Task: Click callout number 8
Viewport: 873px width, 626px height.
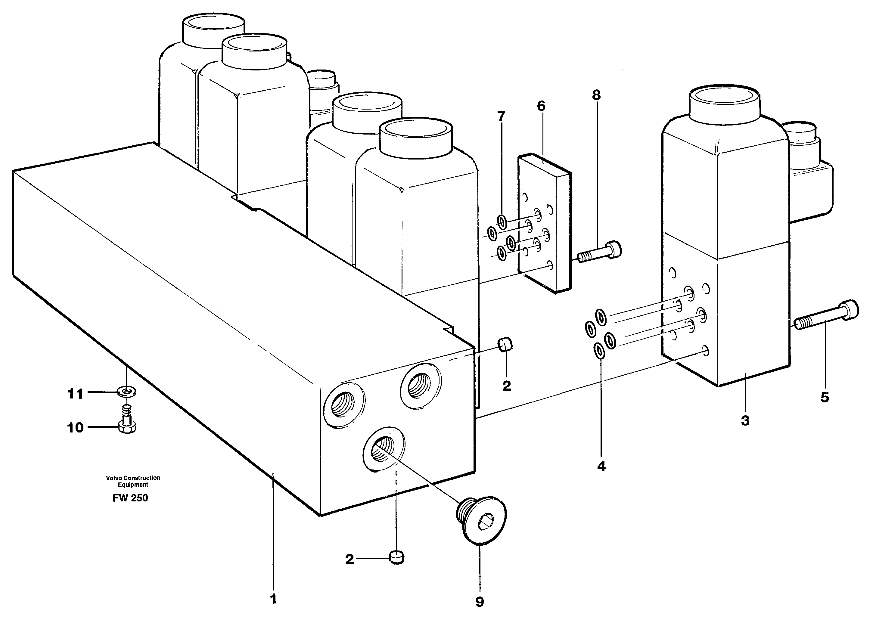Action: [x=596, y=95]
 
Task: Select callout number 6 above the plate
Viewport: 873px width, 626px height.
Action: [x=541, y=106]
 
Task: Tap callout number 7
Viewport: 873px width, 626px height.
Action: [x=501, y=116]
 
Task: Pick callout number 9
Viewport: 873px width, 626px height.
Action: [x=480, y=602]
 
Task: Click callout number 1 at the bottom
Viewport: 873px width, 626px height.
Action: [x=273, y=599]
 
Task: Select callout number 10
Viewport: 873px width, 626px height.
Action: [x=76, y=427]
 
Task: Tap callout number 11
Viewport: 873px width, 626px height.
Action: [x=76, y=394]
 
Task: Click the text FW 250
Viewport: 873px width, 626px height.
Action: [x=130, y=498]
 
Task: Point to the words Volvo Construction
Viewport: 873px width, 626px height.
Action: [x=133, y=478]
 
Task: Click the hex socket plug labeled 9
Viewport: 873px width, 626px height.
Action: [x=482, y=520]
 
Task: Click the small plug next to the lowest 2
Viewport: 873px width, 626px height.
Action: [x=396, y=557]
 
